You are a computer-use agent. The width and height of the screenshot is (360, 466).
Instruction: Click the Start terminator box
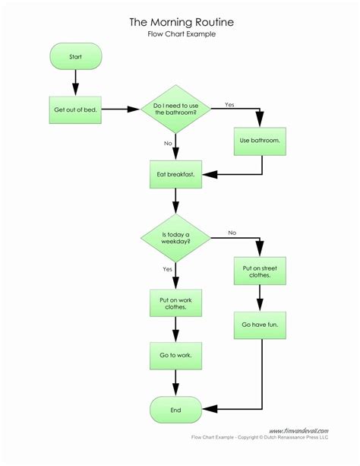coord(75,56)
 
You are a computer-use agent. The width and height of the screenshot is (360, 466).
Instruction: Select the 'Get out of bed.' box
coord(75,109)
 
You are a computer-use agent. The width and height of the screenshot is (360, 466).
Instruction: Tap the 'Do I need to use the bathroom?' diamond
coord(176,109)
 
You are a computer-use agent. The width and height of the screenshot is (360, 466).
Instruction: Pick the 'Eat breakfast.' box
coord(176,174)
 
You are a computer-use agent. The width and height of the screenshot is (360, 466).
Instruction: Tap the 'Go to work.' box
coord(176,355)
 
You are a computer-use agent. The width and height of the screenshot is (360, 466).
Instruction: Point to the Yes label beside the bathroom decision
coord(229,103)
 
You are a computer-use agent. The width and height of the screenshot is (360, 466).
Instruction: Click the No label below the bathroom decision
coord(166,142)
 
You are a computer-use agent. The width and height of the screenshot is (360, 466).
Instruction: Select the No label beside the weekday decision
coord(232,233)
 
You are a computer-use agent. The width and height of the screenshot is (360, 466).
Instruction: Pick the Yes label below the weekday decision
coord(166,268)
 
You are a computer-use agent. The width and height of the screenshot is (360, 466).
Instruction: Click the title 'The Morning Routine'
coord(179,23)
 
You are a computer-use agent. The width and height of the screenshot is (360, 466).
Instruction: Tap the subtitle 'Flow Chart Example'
coord(179,35)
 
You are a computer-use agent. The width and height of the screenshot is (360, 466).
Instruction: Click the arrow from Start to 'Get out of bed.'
coord(75,81)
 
